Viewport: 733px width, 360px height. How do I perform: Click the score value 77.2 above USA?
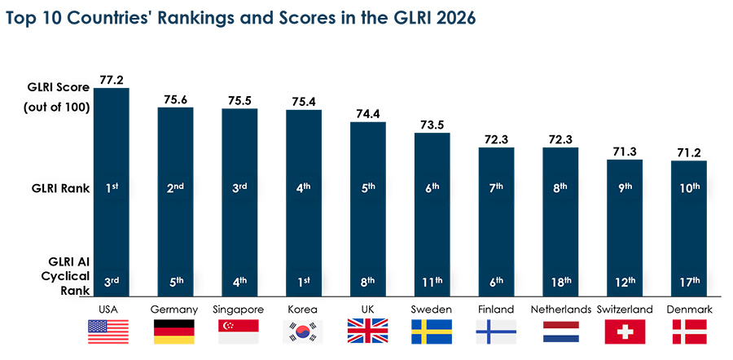pyautogui.click(x=111, y=80)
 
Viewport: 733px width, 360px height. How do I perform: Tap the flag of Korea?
pyautogui.click(x=303, y=331)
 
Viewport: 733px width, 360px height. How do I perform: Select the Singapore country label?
pyautogui.click(x=239, y=310)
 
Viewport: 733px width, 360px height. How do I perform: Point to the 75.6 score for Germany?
pyautogui.click(x=175, y=99)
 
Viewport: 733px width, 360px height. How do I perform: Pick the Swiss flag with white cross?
pyautogui.click(x=625, y=331)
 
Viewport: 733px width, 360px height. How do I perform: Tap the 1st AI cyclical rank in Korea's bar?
pyautogui.click(x=303, y=282)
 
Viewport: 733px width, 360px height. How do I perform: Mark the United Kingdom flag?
pyautogui.click(x=367, y=331)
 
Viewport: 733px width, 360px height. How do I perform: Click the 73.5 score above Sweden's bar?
pyautogui.click(x=432, y=125)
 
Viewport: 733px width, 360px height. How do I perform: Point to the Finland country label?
pyautogui.click(x=496, y=310)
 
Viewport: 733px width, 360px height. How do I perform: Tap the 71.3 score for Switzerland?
pyautogui.click(x=625, y=151)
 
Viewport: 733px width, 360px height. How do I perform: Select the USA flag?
pyautogui.click(x=111, y=331)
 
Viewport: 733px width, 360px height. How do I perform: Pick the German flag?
pyautogui.click(x=175, y=331)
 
